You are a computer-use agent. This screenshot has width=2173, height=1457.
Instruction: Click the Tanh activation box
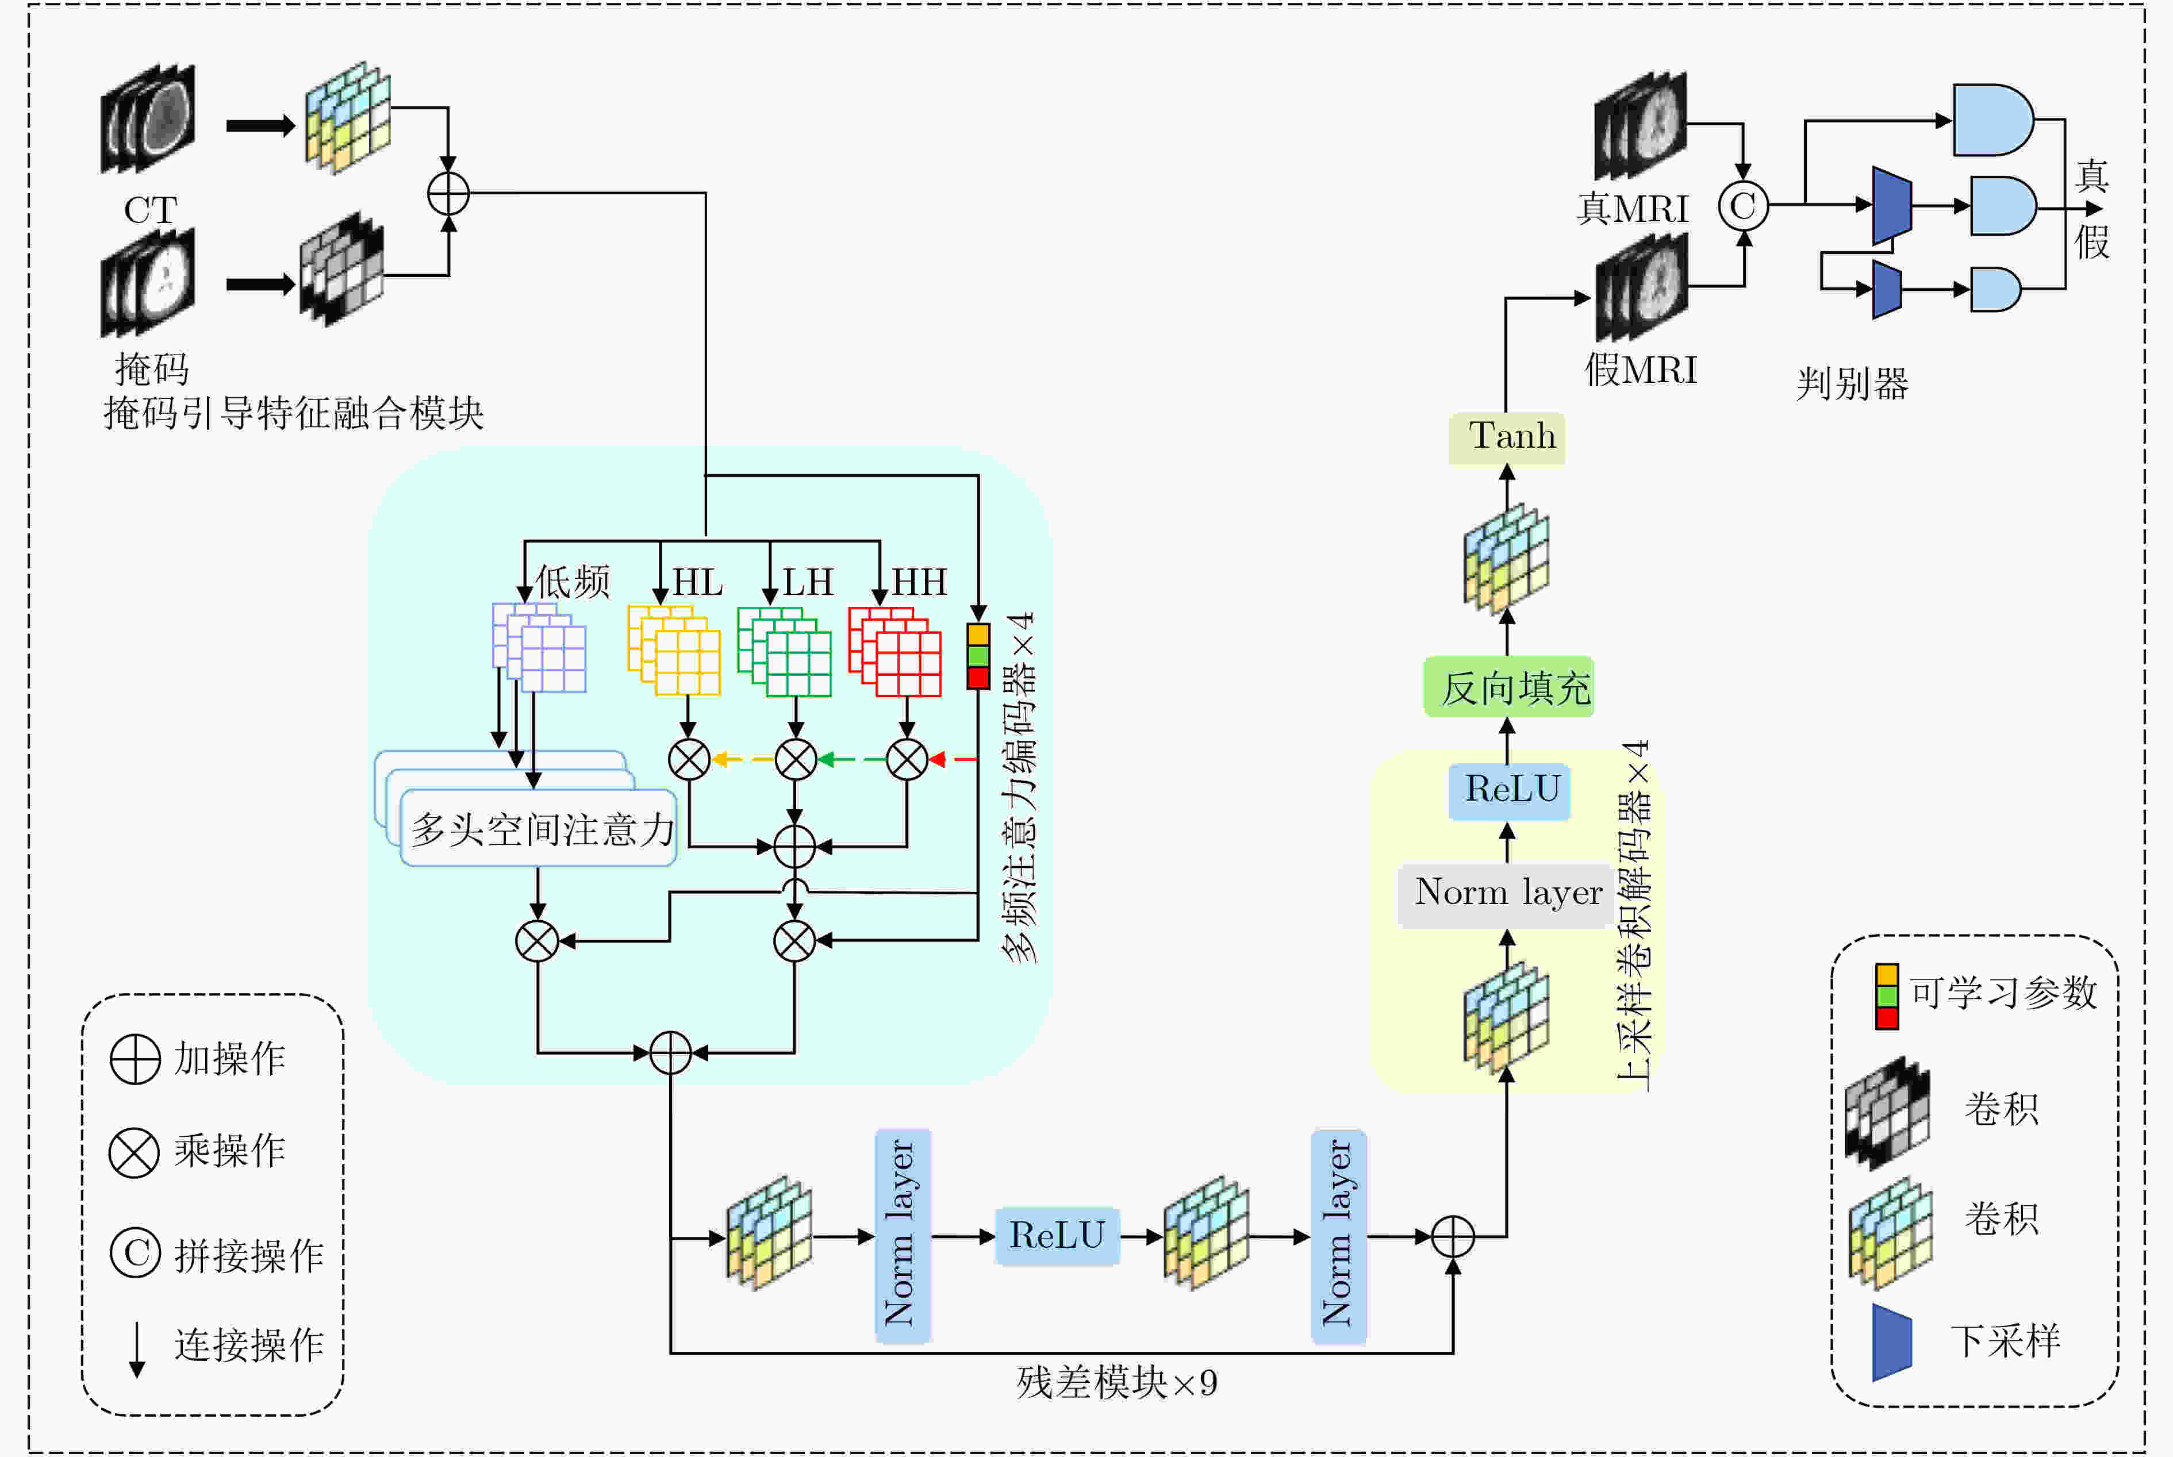click(1507, 437)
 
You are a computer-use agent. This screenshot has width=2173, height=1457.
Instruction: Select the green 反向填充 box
click(1508, 687)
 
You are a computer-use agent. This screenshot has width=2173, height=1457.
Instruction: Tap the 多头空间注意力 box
click(538, 828)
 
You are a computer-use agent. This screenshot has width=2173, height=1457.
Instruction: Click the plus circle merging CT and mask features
click(448, 194)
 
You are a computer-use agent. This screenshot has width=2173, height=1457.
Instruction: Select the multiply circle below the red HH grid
click(907, 759)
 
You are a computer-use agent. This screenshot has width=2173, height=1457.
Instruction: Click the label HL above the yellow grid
click(698, 583)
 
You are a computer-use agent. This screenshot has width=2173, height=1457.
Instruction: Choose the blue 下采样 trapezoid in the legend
click(1891, 1342)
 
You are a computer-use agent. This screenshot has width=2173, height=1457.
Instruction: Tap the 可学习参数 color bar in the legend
click(1887, 996)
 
